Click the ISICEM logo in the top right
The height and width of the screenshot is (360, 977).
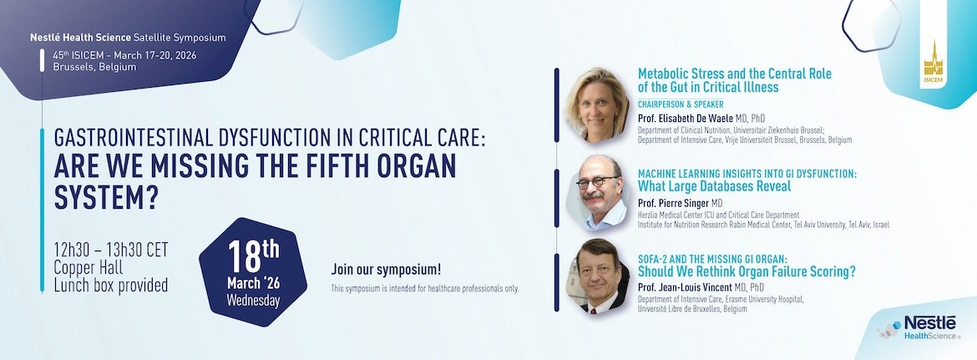pyautogui.click(x=932, y=63)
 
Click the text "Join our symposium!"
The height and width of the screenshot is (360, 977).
pyautogui.click(x=386, y=270)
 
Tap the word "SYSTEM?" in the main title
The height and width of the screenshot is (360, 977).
pyautogui.click(x=106, y=198)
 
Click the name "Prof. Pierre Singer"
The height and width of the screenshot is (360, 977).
pyautogui.click(x=680, y=204)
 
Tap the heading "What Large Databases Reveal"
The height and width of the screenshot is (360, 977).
pyautogui.click(x=714, y=186)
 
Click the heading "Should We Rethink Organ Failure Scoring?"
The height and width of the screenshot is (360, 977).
pyautogui.click(x=747, y=271)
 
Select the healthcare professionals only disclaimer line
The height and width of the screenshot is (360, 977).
pyautogui.click(x=425, y=288)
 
